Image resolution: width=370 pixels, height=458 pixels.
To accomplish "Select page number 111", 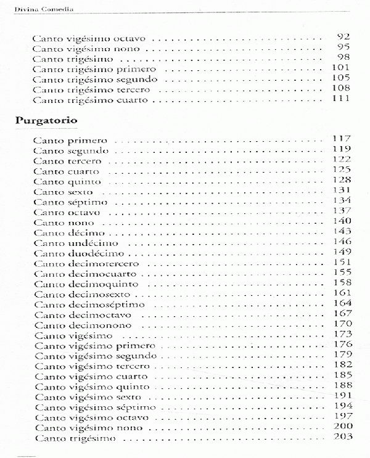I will pos(341,99).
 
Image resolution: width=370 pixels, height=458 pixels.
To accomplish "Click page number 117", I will pos(341,139).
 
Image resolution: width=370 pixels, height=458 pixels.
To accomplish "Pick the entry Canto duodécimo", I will pos(79,253).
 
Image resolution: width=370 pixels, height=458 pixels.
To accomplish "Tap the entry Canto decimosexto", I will pos(86,294).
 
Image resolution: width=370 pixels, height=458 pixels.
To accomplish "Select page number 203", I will pos(341,438).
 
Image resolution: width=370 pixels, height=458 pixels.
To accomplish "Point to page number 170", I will pos(341,324).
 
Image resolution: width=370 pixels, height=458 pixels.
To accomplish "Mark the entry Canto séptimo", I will pos(71,202).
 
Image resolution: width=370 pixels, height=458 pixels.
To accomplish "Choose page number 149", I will pos(341,252).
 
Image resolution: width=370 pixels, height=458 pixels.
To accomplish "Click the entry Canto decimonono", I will pos(87,325).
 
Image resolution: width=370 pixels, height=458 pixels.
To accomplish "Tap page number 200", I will pos(341,427).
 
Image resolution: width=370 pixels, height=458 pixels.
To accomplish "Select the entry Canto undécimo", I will pos(76,243).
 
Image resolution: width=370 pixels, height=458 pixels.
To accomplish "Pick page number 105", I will pos(341,78).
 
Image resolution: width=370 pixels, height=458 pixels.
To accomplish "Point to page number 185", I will pos(341,375).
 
